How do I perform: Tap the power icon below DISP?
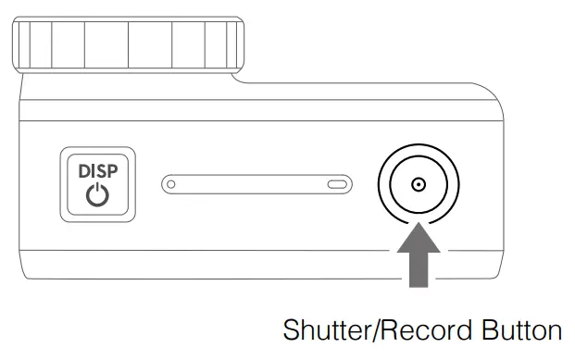[x=97, y=195]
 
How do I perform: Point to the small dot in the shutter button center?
[x=419, y=184]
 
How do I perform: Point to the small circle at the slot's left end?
[x=170, y=184]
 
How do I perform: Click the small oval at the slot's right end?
[x=339, y=184]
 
